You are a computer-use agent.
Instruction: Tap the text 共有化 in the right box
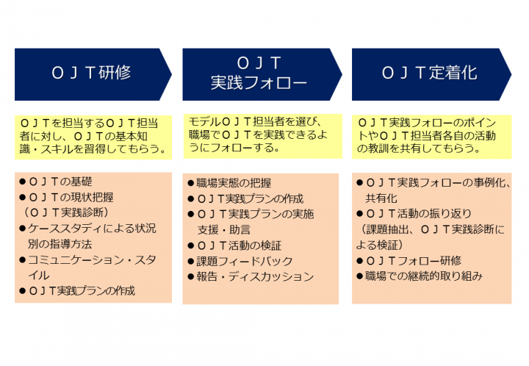tap(381, 198)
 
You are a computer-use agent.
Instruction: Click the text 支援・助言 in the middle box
tap(223, 230)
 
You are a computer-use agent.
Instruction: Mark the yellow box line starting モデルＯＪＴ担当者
tap(256, 121)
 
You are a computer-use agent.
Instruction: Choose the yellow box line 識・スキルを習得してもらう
tap(93, 148)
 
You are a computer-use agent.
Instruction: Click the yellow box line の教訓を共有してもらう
tap(419, 148)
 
